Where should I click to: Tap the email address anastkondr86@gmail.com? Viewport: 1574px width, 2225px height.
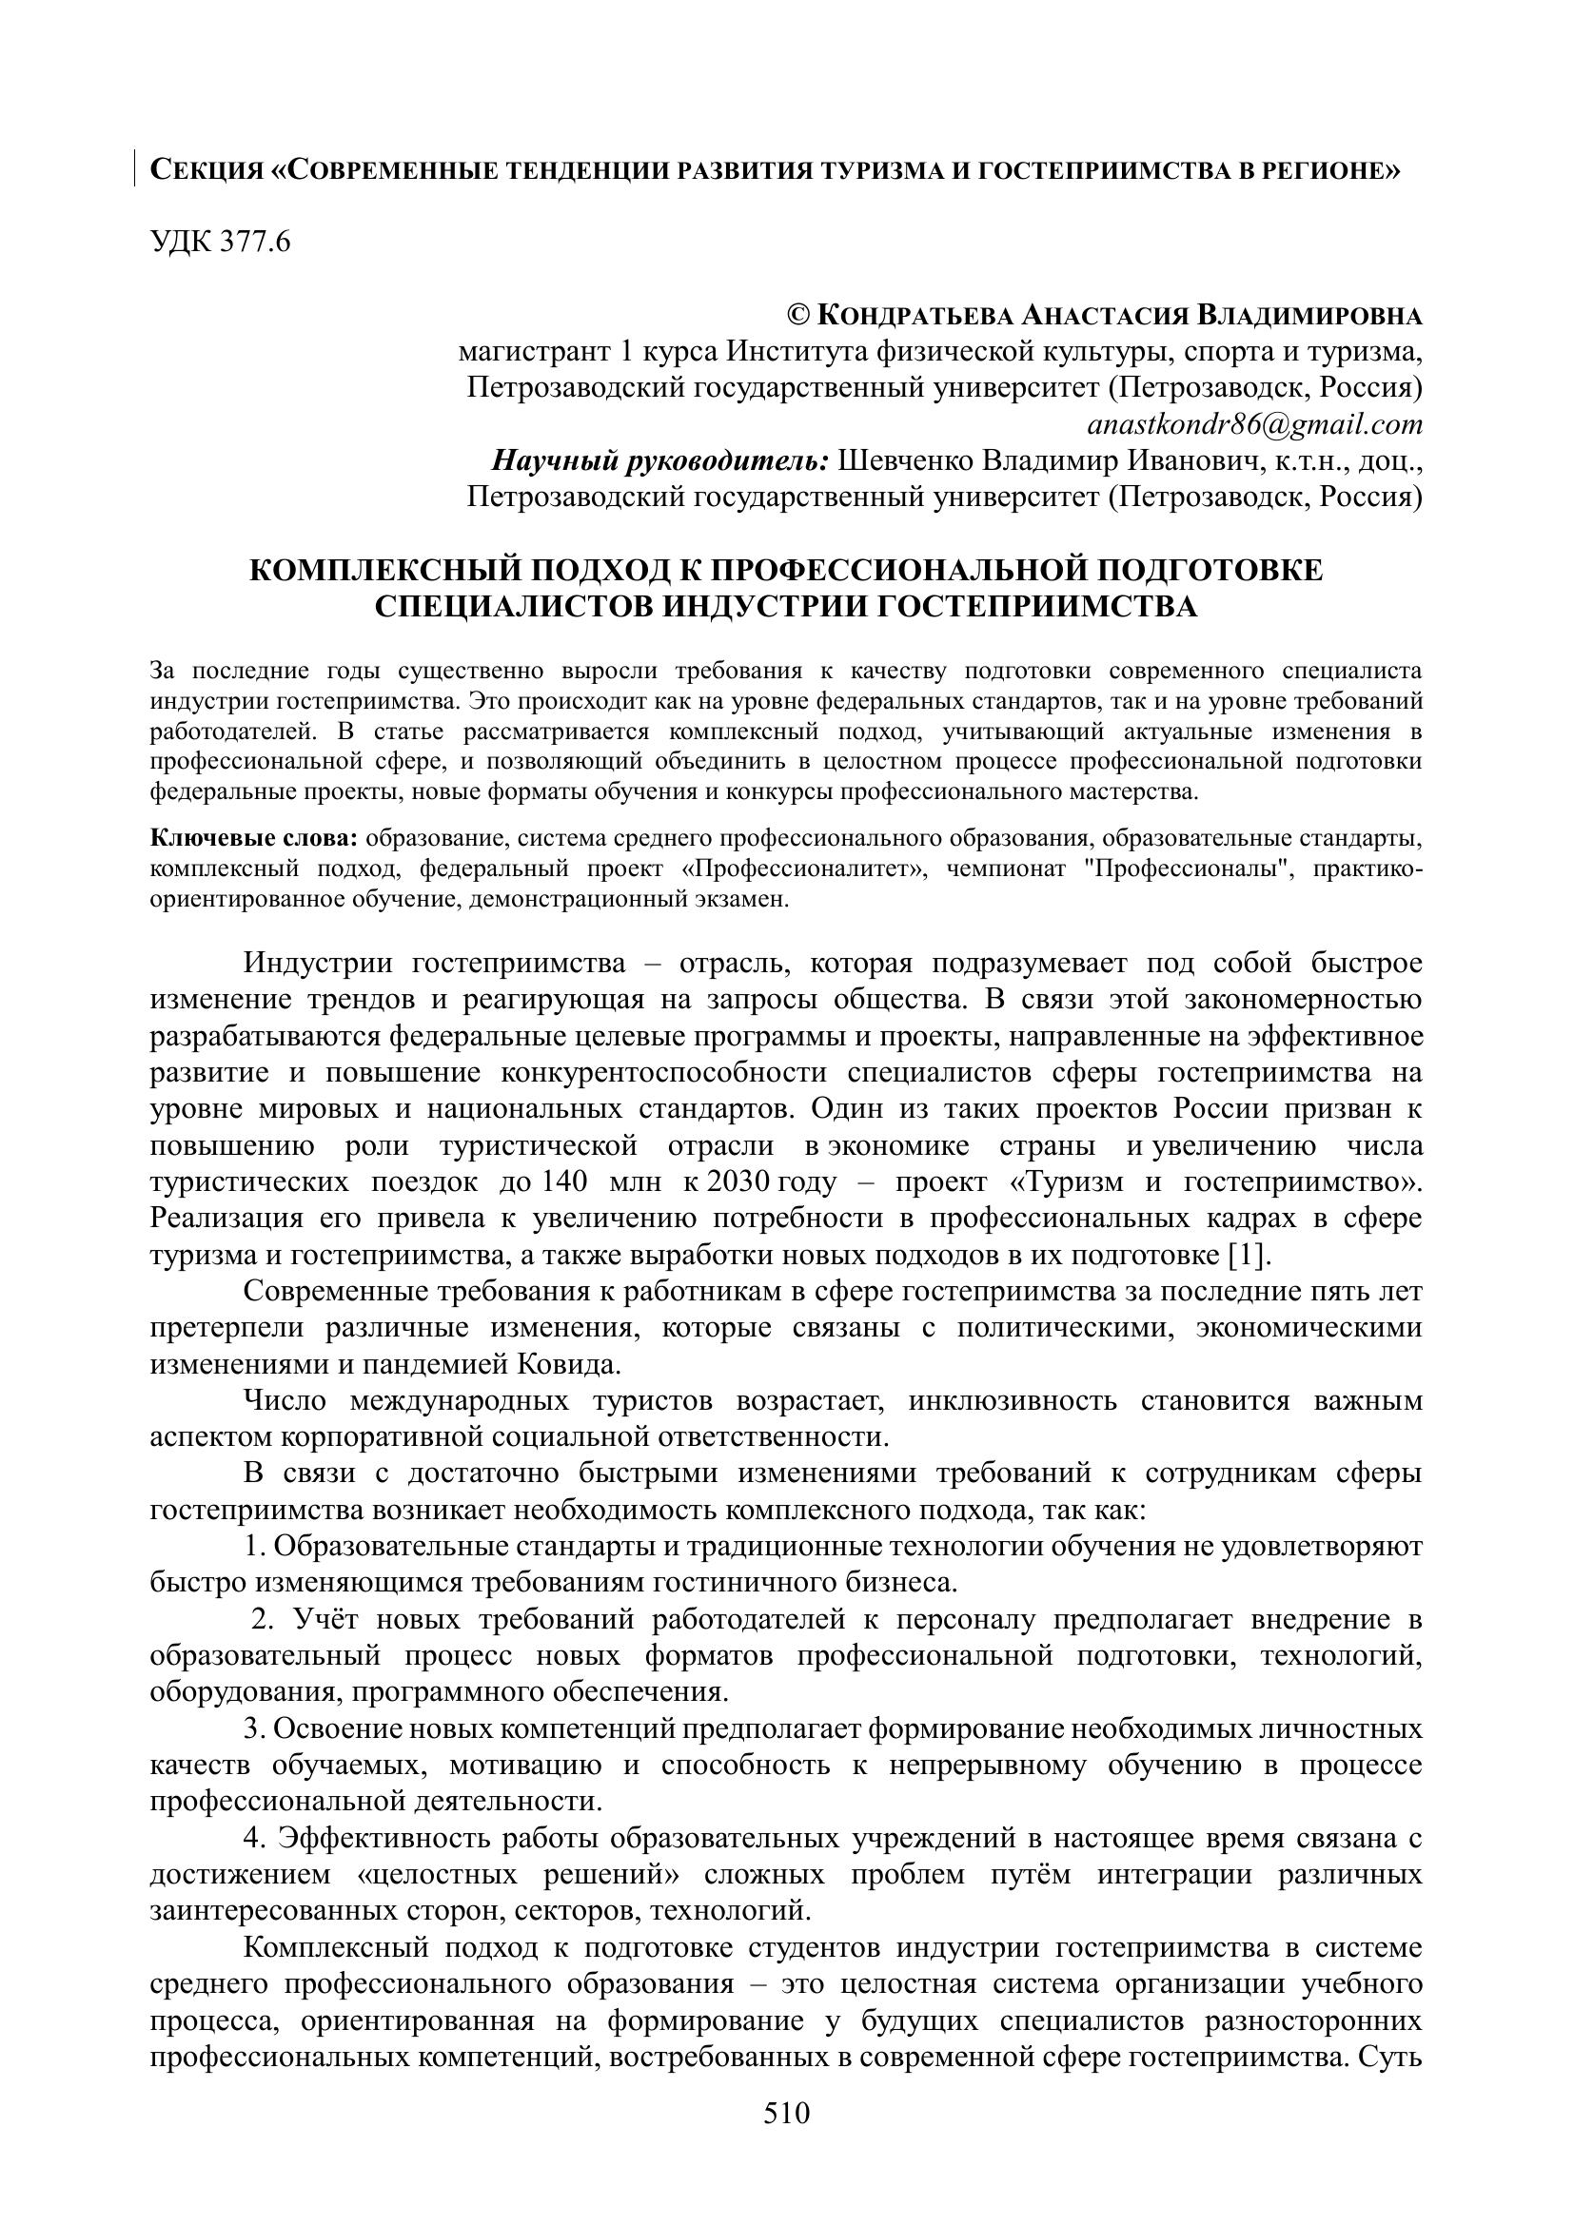(x=1254, y=424)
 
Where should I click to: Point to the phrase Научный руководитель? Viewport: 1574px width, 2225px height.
(x=659, y=460)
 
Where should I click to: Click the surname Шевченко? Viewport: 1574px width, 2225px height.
(x=903, y=460)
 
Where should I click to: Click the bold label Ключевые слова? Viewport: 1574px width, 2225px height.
(x=254, y=836)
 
